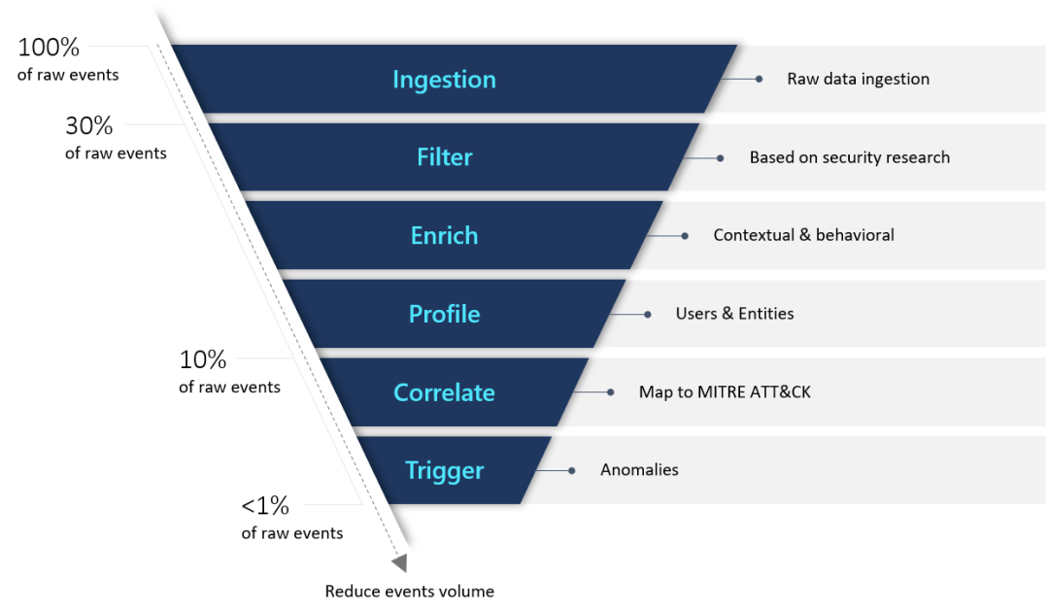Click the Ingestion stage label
444,80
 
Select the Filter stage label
444,157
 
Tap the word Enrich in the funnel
444,236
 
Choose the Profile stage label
444,315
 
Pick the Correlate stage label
444,392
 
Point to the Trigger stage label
444,471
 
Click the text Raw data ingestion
858,79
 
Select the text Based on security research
849,157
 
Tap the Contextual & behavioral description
803,235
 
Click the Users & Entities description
734,314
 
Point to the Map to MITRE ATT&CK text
725,392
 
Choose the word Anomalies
639,470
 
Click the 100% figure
49,48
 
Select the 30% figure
89,126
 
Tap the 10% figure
203,360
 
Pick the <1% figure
265,506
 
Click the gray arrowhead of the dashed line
399,562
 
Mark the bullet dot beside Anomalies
572,470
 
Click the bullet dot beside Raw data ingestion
760,79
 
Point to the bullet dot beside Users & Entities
648,314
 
